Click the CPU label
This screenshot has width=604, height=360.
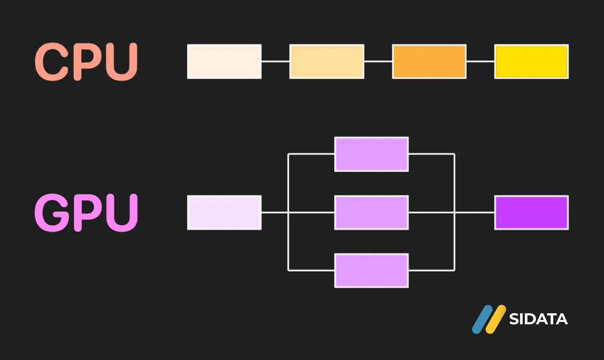point(86,62)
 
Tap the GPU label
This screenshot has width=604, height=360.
point(86,212)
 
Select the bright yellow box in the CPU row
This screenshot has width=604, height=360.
point(532,62)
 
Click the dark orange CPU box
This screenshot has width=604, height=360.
point(429,62)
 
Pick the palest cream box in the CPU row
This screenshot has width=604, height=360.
point(224,62)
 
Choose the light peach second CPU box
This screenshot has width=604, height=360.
point(327,62)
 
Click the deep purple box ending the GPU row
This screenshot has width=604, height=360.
point(532,212)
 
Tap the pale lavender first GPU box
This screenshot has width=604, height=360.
point(224,212)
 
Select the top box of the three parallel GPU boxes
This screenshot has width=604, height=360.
point(372,154)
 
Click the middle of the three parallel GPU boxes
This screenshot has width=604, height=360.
point(372,212)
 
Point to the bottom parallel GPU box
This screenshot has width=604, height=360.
point(372,270)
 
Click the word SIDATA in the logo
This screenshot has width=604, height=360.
point(538,319)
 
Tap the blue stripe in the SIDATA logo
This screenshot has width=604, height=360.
point(482,319)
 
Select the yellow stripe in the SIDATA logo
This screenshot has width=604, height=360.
point(496,319)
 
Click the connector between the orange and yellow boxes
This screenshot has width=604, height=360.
point(480,62)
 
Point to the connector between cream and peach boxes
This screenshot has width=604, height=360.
point(276,62)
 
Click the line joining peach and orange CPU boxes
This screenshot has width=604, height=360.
point(378,62)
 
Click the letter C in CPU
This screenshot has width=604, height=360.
point(51,62)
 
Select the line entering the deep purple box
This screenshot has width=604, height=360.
point(474,212)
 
